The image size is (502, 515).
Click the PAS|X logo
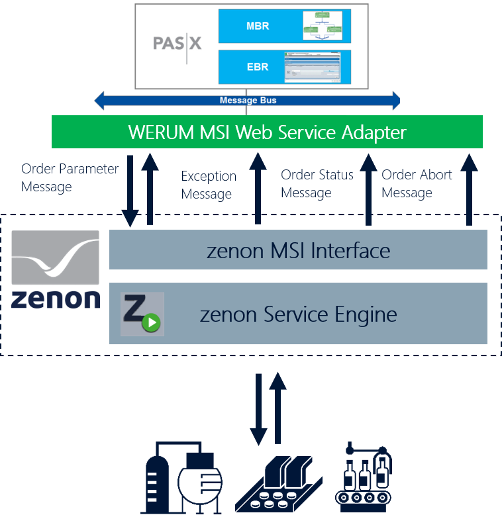(177, 44)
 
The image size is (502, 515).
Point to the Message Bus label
(248, 101)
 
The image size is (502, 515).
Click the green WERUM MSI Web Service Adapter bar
(267, 132)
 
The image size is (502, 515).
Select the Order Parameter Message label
(69, 177)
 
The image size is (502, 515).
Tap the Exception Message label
(208, 185)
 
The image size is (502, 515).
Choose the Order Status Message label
(317, 183)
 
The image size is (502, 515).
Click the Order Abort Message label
(417, 183)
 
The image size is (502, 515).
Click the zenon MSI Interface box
(298, 250)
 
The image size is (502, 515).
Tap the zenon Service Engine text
(298, 314)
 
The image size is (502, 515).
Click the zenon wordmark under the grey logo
(56, 298)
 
